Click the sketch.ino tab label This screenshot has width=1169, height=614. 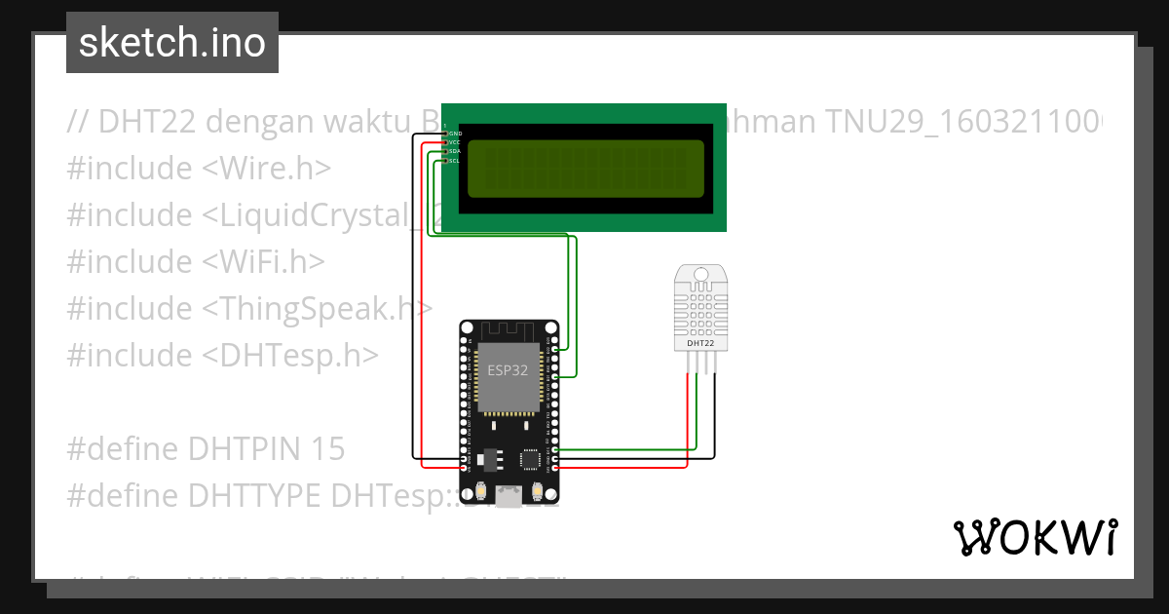[171, 43]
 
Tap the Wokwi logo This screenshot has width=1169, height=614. [1034, 537]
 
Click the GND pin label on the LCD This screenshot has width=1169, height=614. [455, 133]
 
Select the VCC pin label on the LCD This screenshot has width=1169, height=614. [455, 142]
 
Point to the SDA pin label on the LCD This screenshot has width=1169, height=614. [455, 151]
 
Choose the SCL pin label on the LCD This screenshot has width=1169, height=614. [455, 161]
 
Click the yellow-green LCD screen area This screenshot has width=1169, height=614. [585, 169]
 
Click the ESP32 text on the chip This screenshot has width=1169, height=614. [508, 371]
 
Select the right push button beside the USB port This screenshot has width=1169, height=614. [538, 490]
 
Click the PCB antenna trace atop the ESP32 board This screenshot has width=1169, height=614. [508, 330]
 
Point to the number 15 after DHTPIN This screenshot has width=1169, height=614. [328, 448]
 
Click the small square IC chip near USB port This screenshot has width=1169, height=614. [531, 457]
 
